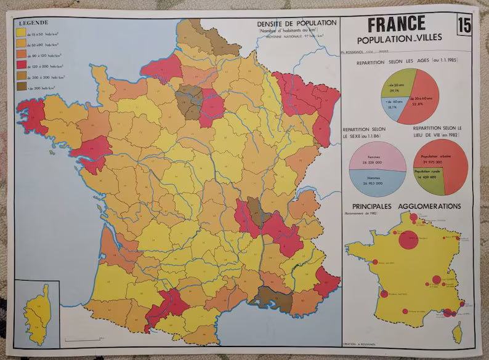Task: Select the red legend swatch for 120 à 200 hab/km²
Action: coord(20,64)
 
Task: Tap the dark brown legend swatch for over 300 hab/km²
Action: coord(20,87)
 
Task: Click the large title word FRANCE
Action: coord(397,23)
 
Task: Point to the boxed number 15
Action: coord(465,26)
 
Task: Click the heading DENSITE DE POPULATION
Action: coord(297,23)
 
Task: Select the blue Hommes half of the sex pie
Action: coord(377,180)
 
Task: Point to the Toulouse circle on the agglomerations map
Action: coord(405,311)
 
